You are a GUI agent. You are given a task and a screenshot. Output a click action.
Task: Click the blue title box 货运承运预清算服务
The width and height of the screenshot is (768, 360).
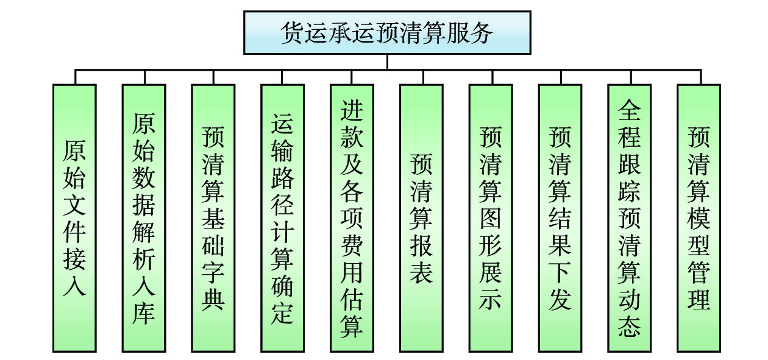387,32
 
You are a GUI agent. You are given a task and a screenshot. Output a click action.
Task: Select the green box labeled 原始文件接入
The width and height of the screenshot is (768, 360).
74,217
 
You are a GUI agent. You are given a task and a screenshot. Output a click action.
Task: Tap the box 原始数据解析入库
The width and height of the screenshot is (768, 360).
144,217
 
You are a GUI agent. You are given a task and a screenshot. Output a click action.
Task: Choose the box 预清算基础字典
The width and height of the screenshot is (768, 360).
213,217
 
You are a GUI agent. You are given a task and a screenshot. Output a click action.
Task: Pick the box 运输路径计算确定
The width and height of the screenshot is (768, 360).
282,217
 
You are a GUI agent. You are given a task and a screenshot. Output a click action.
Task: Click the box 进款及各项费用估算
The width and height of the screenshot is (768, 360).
352,217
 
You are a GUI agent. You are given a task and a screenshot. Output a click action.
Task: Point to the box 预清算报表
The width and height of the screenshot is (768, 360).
421,217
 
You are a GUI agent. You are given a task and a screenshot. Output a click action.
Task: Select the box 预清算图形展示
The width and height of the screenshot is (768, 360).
491,217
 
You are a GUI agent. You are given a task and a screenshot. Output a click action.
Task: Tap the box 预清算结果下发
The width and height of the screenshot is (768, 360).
560,217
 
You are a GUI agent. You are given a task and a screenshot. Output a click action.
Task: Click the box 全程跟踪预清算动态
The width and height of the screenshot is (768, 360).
630,217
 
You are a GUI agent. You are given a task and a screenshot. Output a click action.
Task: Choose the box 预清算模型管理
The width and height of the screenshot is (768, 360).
699,217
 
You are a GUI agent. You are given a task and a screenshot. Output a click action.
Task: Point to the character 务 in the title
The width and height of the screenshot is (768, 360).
482,33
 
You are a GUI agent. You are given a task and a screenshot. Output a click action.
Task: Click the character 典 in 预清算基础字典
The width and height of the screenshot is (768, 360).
213,298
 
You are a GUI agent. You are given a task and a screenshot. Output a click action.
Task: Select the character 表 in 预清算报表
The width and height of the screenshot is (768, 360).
421,271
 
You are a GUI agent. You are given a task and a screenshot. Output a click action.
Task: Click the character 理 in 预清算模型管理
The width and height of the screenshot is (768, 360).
699,298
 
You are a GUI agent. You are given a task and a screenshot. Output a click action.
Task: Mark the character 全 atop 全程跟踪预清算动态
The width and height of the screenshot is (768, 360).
630,111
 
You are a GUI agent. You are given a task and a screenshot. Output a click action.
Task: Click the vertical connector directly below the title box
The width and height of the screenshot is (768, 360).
387,62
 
